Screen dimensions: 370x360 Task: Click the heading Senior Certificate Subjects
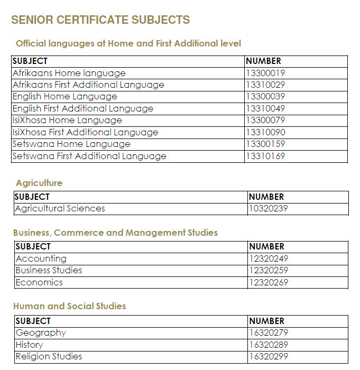click(100, 20)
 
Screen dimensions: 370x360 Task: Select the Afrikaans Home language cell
click(69, 73)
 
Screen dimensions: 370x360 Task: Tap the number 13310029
click(265, 85)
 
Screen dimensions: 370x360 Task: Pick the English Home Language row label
click(64, 96)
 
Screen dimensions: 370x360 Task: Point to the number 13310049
click(265, 108)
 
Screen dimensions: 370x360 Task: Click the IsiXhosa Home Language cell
click(67, 121)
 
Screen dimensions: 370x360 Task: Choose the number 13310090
click(265, 132)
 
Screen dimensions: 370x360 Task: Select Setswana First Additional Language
click(89, 156)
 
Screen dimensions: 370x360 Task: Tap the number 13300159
click(265, 144)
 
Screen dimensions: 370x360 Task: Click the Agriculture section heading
click(39, 183)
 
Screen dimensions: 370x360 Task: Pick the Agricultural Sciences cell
click(60, 208)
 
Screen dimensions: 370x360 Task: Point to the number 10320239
click(269, 208)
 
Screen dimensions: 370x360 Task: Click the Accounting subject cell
click(41, 258)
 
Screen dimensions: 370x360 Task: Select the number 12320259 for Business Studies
click(269, 270)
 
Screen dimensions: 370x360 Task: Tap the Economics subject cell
click(39, 282)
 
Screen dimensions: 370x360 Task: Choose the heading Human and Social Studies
click(69, 306)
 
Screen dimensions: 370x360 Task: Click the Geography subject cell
click(41, 332)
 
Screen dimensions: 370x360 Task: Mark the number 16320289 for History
click(269, 345)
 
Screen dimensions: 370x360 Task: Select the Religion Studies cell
click(49, 356)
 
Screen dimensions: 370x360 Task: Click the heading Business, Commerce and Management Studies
click(115, 233)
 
